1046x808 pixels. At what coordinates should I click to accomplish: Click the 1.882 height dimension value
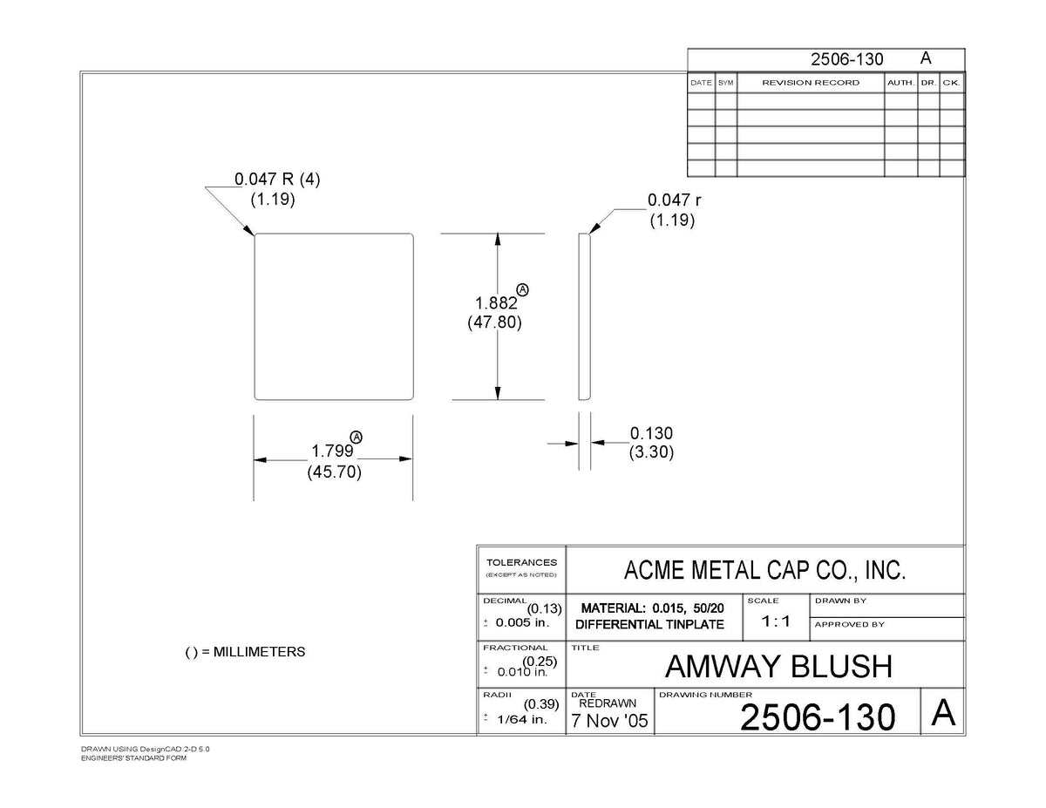(496, 303)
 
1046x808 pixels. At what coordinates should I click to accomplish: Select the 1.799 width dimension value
(332, 451)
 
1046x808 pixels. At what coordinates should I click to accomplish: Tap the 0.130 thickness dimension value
(651, 433)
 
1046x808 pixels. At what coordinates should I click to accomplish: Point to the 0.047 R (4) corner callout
(277, 179)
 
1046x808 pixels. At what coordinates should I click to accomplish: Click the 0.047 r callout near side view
(674, 200)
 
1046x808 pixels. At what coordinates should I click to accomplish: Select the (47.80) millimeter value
(494, 322)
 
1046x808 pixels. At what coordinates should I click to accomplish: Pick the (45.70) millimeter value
(334, 472)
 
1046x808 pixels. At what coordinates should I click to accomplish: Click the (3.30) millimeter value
(651, 452)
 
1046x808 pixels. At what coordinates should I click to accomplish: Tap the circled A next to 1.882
(522, 289)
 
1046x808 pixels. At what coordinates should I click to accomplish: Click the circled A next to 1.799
(357, 437)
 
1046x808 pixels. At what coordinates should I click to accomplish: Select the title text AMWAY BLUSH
(778, 667)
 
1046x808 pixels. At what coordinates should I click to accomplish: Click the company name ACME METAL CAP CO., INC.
(764, 570)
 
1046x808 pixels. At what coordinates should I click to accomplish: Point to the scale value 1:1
(776, 621)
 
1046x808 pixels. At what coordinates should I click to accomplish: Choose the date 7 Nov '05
(609, 721)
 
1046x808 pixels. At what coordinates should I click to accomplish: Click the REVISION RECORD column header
(811, 83)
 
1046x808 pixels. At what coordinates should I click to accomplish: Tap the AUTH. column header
(900, 83)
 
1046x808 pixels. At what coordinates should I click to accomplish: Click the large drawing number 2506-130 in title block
(818, 717)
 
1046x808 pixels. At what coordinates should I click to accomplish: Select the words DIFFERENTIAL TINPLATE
(649, 625)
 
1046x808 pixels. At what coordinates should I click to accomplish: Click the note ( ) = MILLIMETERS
(245, 652)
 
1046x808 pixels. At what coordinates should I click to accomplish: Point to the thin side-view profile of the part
(584, 316)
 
